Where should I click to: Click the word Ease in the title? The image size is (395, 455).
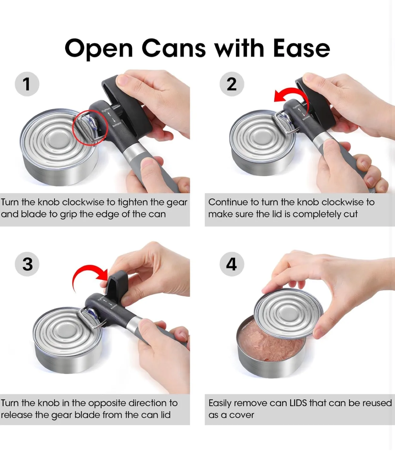coord(301,48)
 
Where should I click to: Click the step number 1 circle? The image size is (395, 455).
coord(27,84)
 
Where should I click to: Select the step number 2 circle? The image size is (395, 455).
coord(232,84)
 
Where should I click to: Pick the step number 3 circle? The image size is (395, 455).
coord(27,264)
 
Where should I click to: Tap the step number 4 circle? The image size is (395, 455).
coord(232,264)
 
